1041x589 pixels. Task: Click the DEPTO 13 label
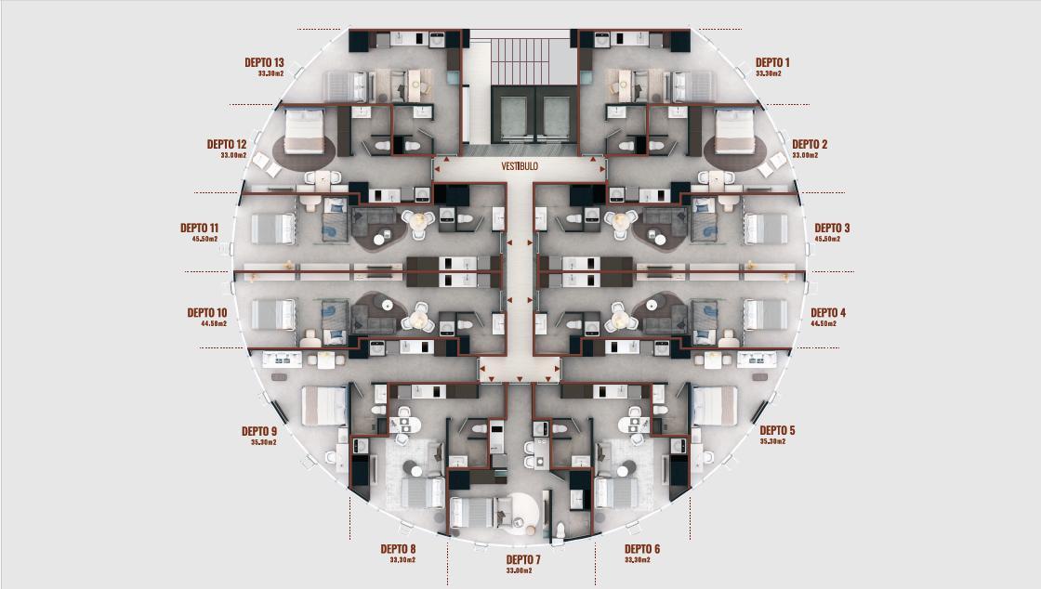tap(264, 62)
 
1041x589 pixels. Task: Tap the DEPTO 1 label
tap(772, 62)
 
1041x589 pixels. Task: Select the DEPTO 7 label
tap(523, 560)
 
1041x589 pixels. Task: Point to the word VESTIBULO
tap(520, 166)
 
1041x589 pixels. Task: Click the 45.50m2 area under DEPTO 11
tap(204, 239)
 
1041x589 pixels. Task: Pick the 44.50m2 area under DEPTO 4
tap(824, 323)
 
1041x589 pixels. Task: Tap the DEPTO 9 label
tap(259, 431)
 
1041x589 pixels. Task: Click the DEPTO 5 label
tap(777, 430)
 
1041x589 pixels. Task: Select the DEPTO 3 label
tap(832, 228)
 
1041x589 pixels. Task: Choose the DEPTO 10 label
tap(206, 312)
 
